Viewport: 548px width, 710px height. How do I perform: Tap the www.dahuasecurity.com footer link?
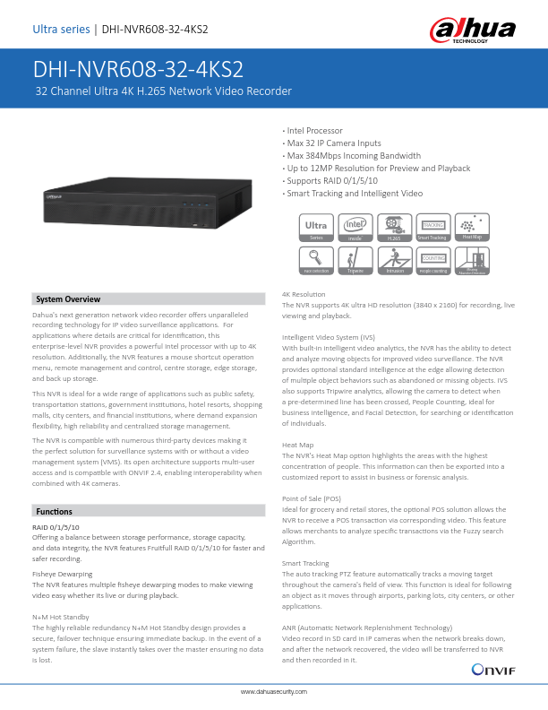point(274,693)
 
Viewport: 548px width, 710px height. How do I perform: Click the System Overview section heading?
point(68,299)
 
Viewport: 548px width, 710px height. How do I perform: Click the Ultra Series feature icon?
point(316,228)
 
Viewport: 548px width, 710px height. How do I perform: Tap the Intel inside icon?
point(355,228)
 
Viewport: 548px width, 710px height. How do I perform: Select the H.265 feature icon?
point(394,228)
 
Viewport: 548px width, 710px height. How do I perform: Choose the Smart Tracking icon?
point(432,228)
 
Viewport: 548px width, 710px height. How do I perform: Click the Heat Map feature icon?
point(472,228)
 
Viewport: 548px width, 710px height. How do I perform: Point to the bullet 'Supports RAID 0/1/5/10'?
point(326,181)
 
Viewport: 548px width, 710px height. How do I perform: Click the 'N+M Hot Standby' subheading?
point(60,617)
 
